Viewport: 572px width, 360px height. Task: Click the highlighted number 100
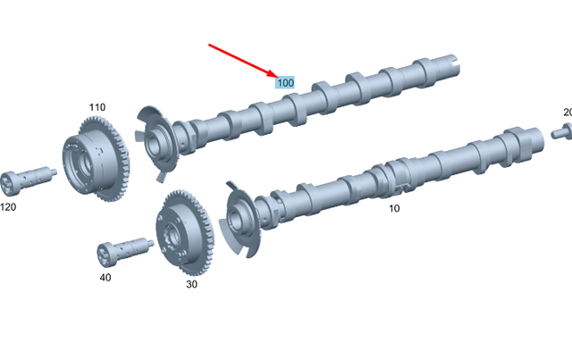[x=285, y=82]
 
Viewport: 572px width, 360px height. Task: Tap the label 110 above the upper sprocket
[x=97, y=107]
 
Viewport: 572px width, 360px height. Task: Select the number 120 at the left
[x=8, y=206]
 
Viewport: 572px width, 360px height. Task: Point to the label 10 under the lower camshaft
[x=394, y=208]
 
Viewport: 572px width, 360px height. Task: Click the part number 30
[x=191, y=284]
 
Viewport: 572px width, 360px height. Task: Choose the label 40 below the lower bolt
[x=105, y=278]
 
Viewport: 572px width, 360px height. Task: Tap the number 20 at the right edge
[x=568, y=112]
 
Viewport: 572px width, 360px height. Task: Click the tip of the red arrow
[x=275, y=77]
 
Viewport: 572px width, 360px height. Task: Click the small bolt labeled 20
[x=560, y=133]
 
